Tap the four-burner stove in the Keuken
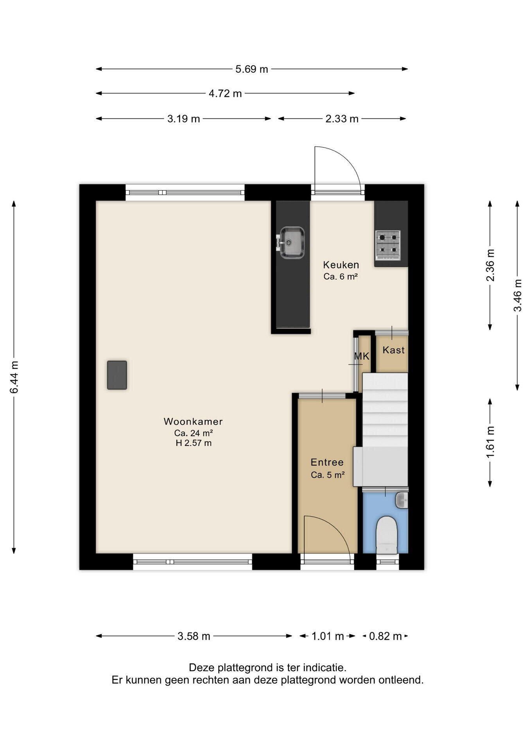388,245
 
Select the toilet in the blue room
387,535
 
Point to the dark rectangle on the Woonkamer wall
117,375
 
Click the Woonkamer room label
193,421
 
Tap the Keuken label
341,265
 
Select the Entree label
327,462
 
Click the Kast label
393,350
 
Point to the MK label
362,356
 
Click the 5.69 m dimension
252,69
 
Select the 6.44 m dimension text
14,377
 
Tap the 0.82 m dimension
386,636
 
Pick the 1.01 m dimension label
328,636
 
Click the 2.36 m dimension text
490,265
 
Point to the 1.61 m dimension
490,442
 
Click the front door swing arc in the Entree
339,528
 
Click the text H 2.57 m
194,443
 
